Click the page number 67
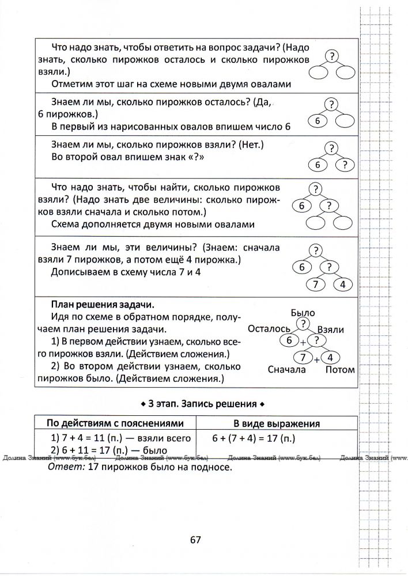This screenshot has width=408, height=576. tap(194, 540)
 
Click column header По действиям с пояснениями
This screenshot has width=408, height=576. tap(115, 423)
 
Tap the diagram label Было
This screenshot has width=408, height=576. tap(303, 313)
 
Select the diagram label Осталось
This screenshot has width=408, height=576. tap(268, 329)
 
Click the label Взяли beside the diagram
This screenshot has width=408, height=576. tap(331, 329)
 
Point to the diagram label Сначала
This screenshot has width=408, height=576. tap(286, 370)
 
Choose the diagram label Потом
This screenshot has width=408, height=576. tap(339, 370)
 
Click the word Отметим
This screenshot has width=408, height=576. tap(73, 84)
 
